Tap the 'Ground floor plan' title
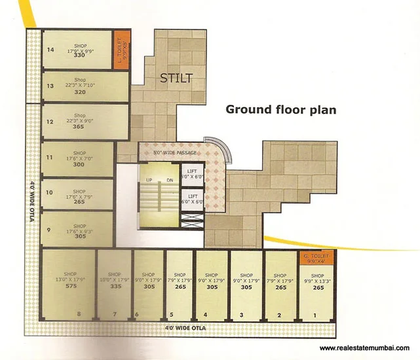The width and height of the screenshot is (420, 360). (281, 109)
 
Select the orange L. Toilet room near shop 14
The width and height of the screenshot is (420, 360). (121, 45)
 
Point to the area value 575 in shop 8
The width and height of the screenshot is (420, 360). (71, 286)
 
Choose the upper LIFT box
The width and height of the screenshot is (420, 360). (193, 173)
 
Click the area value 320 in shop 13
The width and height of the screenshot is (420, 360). (80, 92)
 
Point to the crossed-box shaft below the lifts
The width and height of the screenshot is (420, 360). (193, 221)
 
